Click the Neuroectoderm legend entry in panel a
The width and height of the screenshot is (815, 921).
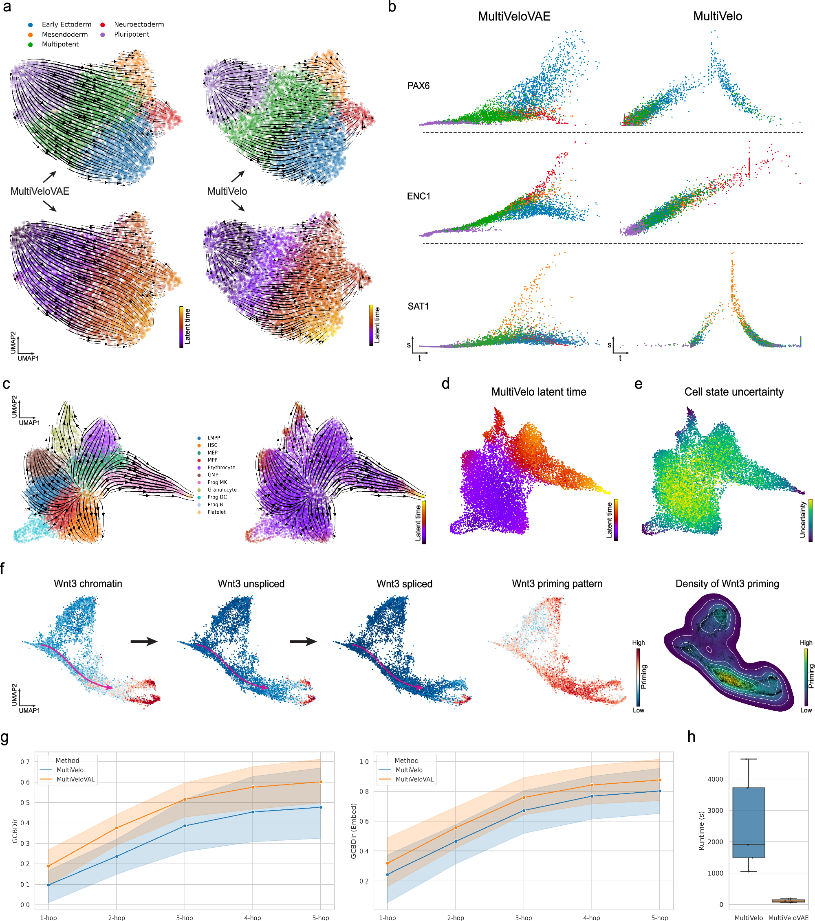click(139, 24)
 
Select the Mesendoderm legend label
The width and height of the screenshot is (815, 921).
click(64, 34)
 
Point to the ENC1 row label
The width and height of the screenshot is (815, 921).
click(419, 196)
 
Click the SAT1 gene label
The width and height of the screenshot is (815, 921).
click(418, 306)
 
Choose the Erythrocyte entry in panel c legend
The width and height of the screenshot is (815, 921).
click(221, 467)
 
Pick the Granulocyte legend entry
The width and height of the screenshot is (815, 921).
click(222, 489)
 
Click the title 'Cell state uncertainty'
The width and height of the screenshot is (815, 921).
click(733, 392)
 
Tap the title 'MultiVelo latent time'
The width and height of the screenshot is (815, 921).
click(538, 392)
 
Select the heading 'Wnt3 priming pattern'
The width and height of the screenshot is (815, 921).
click(557, 583)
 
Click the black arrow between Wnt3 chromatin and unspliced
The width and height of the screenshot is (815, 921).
click(144, 641)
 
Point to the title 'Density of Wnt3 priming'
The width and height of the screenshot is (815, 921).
click(727, 583)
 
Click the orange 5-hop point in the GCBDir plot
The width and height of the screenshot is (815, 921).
click(321, 782)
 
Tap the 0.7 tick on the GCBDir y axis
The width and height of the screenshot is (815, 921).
click(25, 762)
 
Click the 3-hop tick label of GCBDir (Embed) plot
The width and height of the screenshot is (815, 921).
click(523, 917)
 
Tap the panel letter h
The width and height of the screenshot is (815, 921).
click(692, 737)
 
